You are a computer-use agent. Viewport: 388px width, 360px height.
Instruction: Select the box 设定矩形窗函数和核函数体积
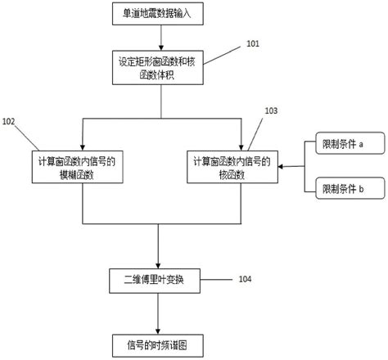pyautogui.click(x=160, y=67)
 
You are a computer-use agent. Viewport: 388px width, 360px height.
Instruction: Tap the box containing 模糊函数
pyautogui.click(x=82, y=169)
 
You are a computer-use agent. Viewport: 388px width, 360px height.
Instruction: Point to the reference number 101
pyautogui.click(x=255, y=43)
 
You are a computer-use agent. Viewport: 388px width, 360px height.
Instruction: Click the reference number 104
pyautogui.click(x=246, y=279)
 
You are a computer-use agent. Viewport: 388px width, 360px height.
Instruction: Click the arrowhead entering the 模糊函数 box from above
pyautogui.click(x=82, y=145)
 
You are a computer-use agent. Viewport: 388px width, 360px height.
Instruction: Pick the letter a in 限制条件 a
pyautogui.click(x=361, y=145)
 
